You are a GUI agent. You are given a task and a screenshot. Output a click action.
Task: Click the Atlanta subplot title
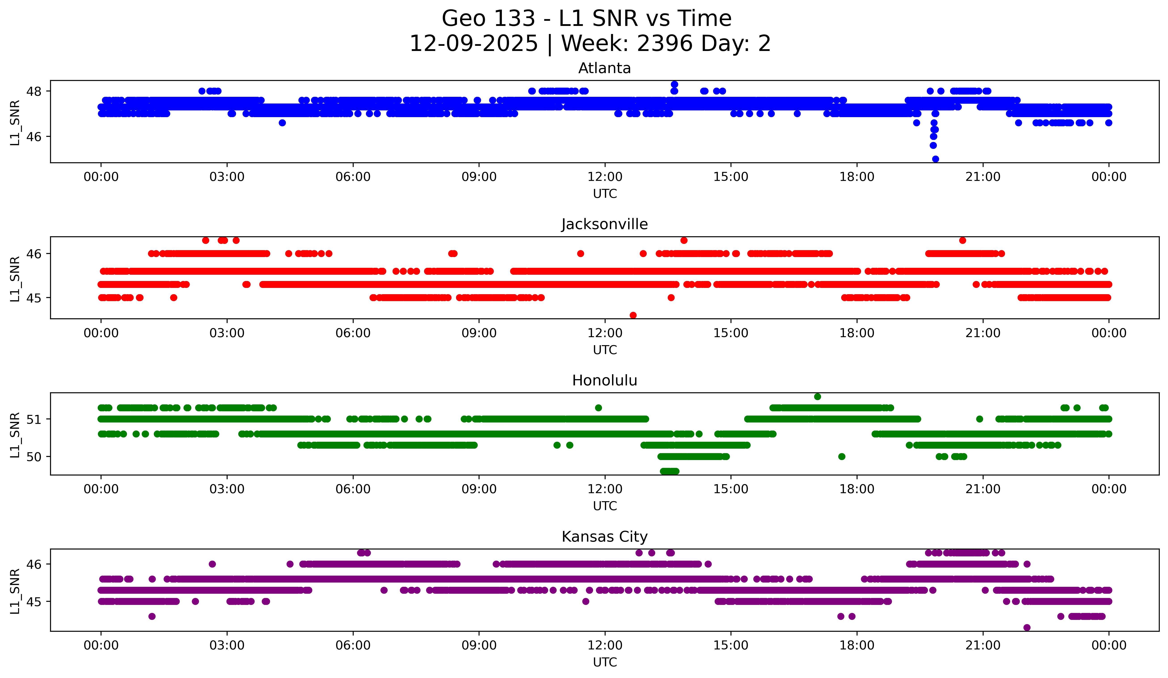tap(604, 68)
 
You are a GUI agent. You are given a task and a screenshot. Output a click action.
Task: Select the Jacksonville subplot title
tap(604, 224)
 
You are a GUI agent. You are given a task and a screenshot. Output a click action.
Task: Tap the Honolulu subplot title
tap(604, 380)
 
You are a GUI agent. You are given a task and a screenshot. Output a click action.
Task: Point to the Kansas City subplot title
tap(604, 537)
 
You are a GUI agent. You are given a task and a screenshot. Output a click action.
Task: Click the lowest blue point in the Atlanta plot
tap(935, 159)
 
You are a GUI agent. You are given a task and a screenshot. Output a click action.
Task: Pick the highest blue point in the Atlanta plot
tap(674, 84)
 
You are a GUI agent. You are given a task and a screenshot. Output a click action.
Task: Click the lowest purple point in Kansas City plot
tap(1027, 627)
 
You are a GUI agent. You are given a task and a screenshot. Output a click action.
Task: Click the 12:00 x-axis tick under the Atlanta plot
tap(605, 177)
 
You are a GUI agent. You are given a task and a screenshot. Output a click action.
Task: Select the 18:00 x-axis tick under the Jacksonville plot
tap(857, 333)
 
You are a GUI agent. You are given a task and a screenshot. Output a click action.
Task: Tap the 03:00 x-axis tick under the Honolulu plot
tap(227, 489)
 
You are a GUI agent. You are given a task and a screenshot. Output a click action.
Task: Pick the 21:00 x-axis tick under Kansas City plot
tap(983, 645)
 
